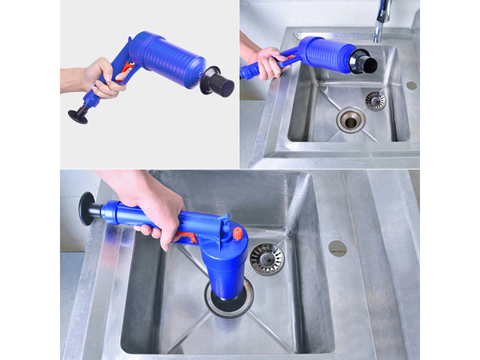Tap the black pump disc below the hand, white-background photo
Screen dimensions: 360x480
click(78, 117)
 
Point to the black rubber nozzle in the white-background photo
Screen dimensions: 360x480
click(218, 82)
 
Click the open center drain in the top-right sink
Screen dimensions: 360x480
click(350, 119)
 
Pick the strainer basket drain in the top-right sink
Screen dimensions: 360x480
click(375, 99)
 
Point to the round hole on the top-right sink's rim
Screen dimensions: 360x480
click(411, 85)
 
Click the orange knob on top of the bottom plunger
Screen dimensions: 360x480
click(238, 234)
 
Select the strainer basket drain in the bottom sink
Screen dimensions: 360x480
click(266, 258)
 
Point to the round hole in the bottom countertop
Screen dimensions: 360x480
click(338, 248)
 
